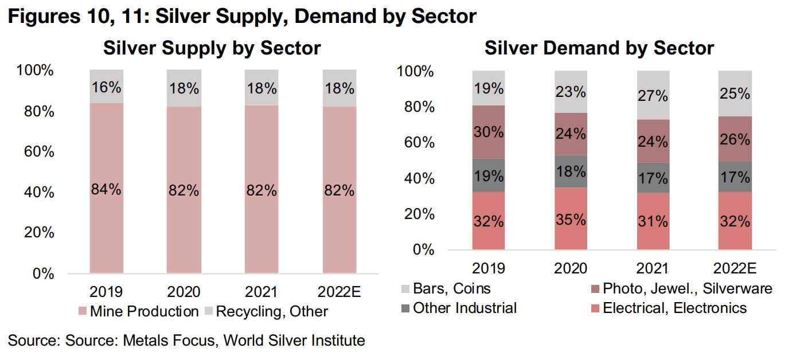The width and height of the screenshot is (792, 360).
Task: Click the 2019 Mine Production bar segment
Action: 106,189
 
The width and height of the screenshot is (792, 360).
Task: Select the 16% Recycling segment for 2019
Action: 106,88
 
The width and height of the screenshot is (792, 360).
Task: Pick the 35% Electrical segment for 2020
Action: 571,220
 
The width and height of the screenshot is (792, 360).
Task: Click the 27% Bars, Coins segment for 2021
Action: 653,95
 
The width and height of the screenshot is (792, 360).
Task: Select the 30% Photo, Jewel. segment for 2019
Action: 489,132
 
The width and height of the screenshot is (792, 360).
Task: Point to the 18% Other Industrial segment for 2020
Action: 571,171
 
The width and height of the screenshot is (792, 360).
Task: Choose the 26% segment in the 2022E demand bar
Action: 735,139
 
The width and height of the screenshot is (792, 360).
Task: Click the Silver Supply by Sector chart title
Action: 212,48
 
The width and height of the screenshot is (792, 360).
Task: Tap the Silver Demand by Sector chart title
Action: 599,48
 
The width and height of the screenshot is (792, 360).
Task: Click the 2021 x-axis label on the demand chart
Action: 653,268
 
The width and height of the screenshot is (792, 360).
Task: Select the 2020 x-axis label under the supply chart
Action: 184,292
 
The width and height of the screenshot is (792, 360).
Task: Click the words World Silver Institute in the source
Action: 294,341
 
